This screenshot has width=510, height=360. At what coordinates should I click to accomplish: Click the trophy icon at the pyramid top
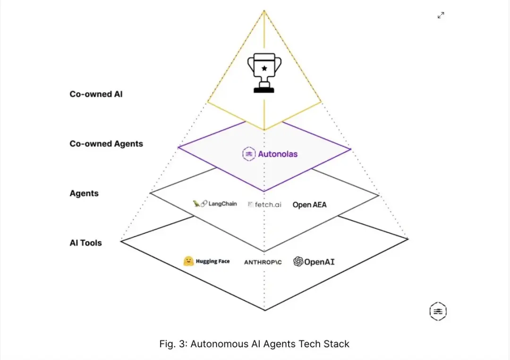pyautogui.click(x=264, y=74)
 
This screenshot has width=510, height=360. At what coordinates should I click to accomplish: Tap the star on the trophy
pyautogui.click(x=264, y=68)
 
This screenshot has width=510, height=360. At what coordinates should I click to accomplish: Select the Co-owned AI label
pyautogui.click(x=96, y=94)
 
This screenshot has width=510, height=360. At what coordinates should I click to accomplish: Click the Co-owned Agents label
pyautogui.click(x=106, y=143)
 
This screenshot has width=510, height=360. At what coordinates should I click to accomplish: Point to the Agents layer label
pyautogui.click(x=84, y=193)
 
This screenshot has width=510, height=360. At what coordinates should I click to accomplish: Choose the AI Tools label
pyautogui.click(x=85, y=243)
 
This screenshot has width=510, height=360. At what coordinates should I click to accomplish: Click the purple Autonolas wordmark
pyautogui.click(x=278, y=154)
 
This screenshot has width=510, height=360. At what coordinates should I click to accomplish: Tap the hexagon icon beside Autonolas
pyautogui.click(x=248, y=154)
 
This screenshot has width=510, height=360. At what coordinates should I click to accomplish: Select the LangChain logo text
pyautogui.click(x=222, y=204)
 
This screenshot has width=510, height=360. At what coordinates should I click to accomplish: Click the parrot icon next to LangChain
pyautogui.click(x=197, y=204)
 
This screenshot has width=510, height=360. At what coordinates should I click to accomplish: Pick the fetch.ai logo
pyautogui.click(x=265, y=205)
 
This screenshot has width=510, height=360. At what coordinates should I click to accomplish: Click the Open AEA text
pyautogui.click(x=309, y=205)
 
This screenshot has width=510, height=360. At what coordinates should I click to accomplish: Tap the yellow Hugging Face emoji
pyautogui.click(x=188, y=261)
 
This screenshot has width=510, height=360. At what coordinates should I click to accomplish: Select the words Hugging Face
pyautogui.click(x=213, y=261)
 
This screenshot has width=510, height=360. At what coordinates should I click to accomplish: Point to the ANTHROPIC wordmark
pyautogui.click(x=263, y=262)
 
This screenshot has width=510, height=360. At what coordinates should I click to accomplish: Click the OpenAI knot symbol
pyautogui.click(x=298, y=261)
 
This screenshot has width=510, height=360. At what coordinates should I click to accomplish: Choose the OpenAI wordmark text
pyautogui.click(x=319, y=262)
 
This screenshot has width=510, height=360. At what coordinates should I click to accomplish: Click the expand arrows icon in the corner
pyautogui.click(x=441, y=16)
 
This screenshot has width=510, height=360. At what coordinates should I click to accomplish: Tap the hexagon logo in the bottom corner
pyautogui.click(x=438, y=311)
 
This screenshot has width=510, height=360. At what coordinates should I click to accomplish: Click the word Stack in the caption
pyautogui.click(x=337, y=344)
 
